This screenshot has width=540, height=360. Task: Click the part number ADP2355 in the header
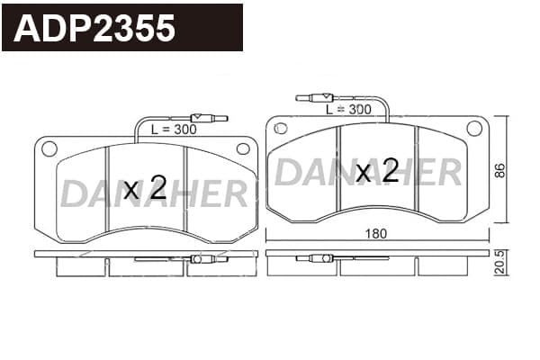click(x=94, y=28)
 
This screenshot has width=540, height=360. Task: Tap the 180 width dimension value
click(x=376, y=234)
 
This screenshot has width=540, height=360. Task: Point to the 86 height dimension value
click(x=499, y=170)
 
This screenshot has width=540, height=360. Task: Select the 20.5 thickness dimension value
click(x=499, y=262)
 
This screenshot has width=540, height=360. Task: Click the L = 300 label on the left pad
click(x=174, y=130)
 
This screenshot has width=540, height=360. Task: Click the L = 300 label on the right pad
click(x=348, y=109)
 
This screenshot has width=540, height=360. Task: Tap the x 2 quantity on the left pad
click(x=145, y=187)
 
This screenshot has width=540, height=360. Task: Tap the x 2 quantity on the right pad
click(x=377, y=170)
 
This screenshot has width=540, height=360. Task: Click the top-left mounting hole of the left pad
click(x=49, y=148)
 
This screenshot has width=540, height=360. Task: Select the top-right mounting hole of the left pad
click(x=243, y=148)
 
